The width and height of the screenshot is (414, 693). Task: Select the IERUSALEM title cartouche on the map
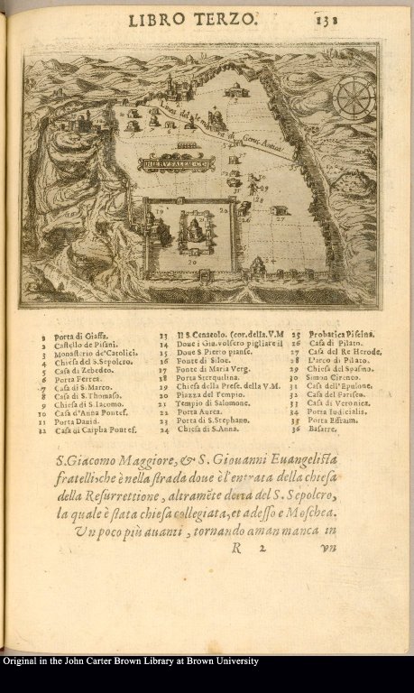tap(149, 164)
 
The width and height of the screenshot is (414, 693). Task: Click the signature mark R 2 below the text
tap(250, 547)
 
